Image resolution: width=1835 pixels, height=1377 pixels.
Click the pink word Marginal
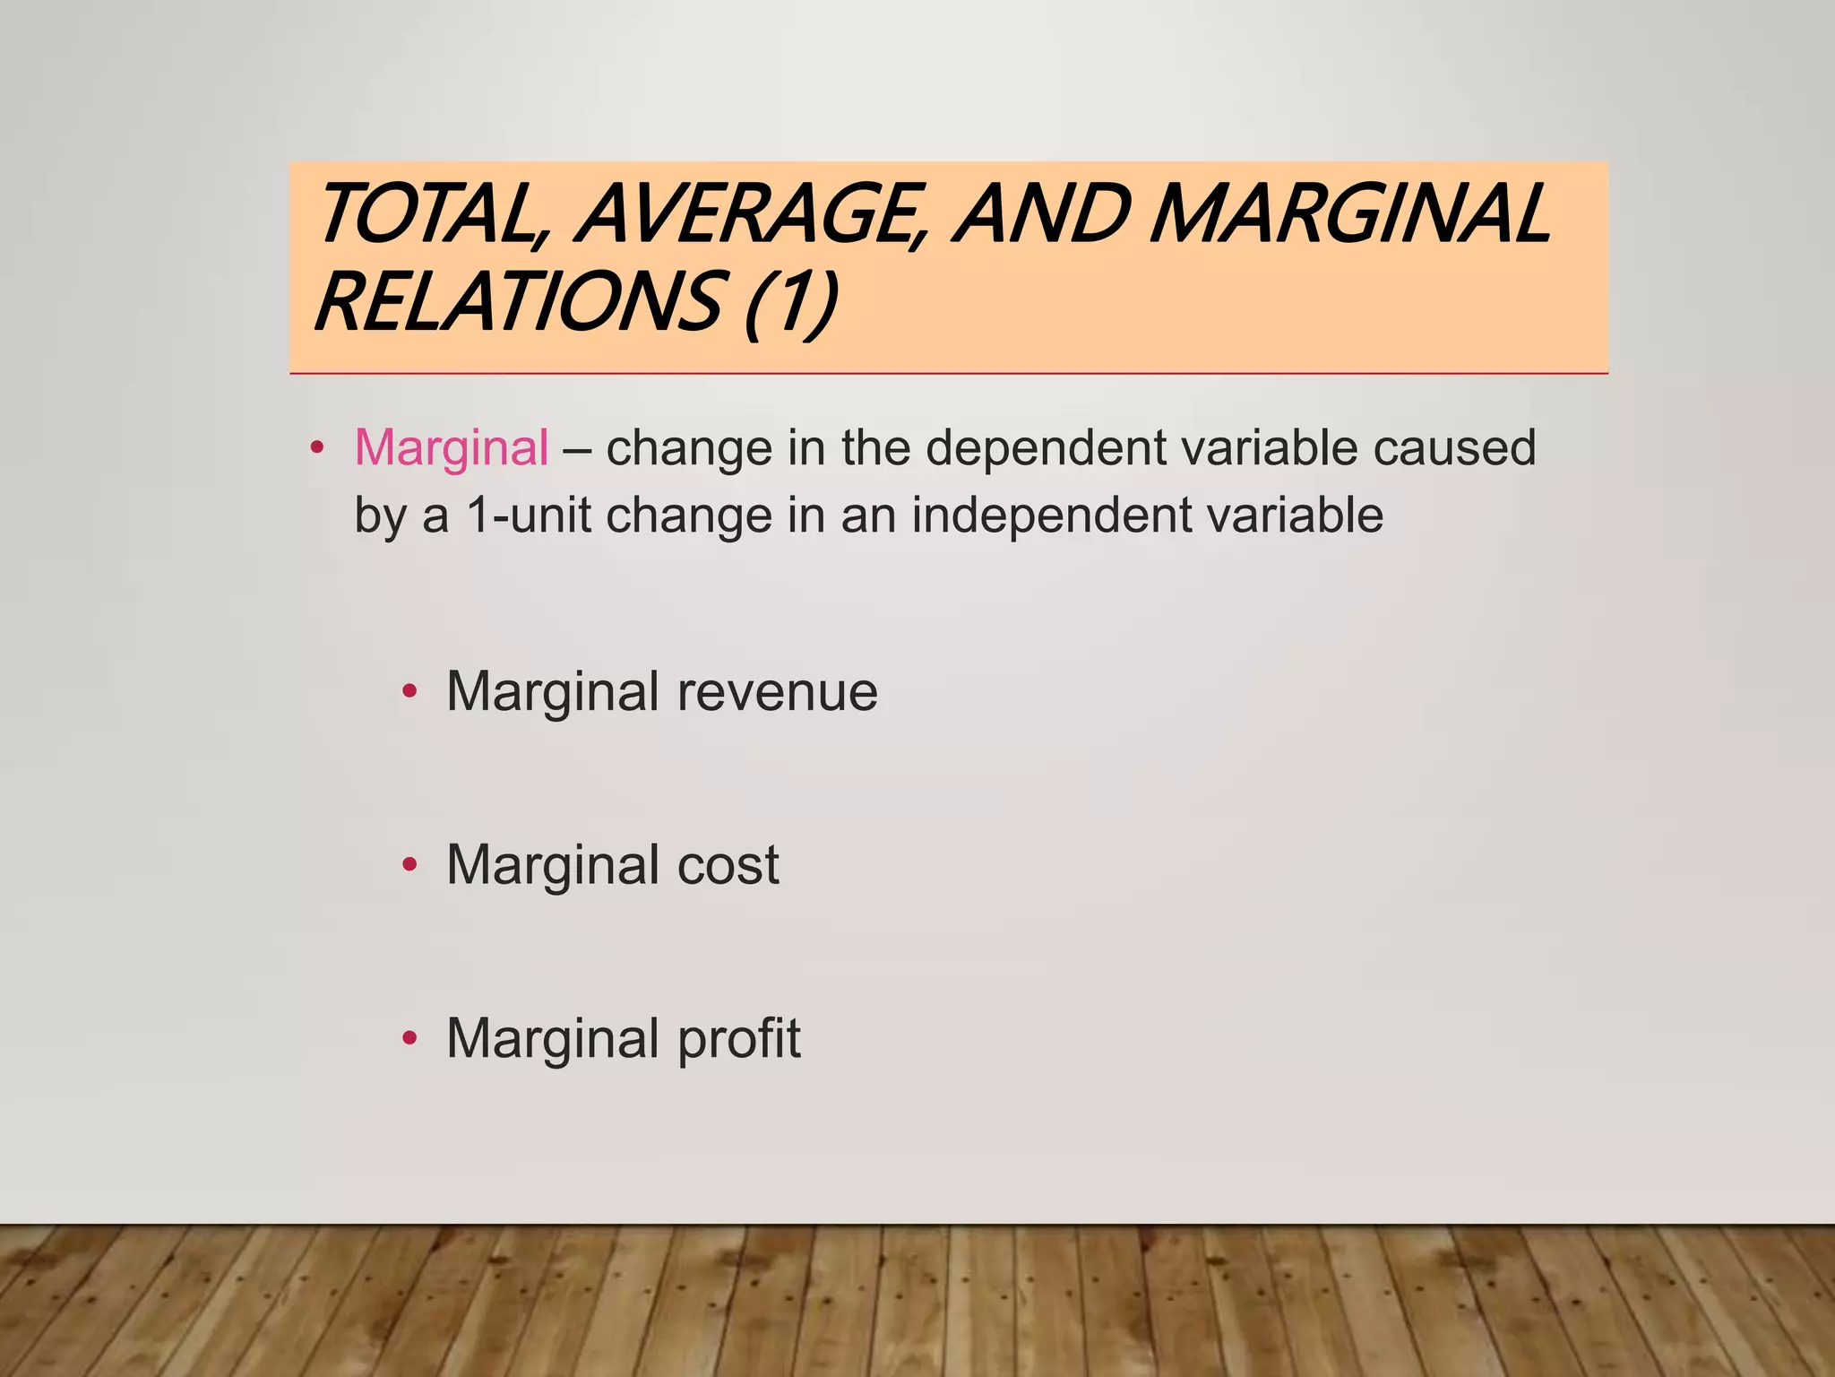pyautogui.click(x=452, y=447)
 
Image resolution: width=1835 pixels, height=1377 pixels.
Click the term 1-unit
pyautogui.click(x=529, y=515)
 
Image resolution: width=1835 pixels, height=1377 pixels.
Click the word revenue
pyautogui.click(x=777, y=692)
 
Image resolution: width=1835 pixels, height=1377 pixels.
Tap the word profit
pyautogui.click(x=738, y=1039)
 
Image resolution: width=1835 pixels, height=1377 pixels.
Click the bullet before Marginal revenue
pyautogui.click(x=410, y=691)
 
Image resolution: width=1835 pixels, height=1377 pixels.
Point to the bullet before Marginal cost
pyautogui.click(x=410, y=865)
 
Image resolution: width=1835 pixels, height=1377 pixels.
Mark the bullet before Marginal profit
pyautogui.click(x=410, y=1039)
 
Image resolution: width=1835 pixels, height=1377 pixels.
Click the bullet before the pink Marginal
pyautogui.click(x=315, y=447)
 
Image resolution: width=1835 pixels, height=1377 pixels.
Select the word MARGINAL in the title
pyautogui.click(x=1348, y=215)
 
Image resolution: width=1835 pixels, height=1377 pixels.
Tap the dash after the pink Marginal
pyautogui.click(x=577, y=447)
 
